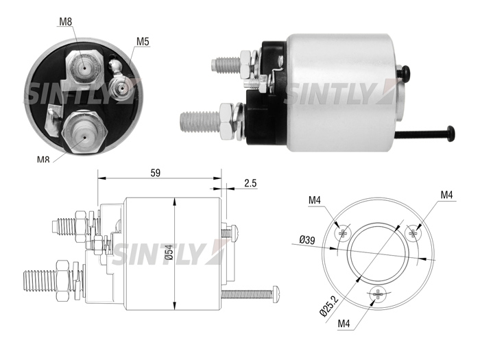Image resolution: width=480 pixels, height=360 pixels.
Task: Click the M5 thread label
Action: (143, 41)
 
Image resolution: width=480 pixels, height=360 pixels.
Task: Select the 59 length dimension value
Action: (156, 173)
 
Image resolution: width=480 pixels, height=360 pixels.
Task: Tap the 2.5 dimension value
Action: (250, 183)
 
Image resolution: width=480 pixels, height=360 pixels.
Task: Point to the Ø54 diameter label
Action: (169, 252)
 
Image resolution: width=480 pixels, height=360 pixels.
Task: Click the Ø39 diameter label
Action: (307, 239)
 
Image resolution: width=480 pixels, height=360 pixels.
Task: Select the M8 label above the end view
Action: (65, 22)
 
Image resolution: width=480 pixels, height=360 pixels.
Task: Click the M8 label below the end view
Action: (43, 160)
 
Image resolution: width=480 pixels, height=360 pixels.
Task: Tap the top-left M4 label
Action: (314, 200)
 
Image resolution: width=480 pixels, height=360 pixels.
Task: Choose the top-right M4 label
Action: (446, 195)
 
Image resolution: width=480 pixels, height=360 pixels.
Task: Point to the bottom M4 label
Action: (344, 324)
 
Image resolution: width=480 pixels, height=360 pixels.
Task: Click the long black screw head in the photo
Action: (451, 134)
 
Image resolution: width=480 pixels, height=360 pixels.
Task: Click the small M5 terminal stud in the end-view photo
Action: (121, 88)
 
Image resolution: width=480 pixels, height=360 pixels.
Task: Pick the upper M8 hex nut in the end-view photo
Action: (84, 66)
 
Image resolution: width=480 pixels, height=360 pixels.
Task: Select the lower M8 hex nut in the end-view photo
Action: (85, 131)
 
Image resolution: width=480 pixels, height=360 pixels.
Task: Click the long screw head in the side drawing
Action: (276, 294)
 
